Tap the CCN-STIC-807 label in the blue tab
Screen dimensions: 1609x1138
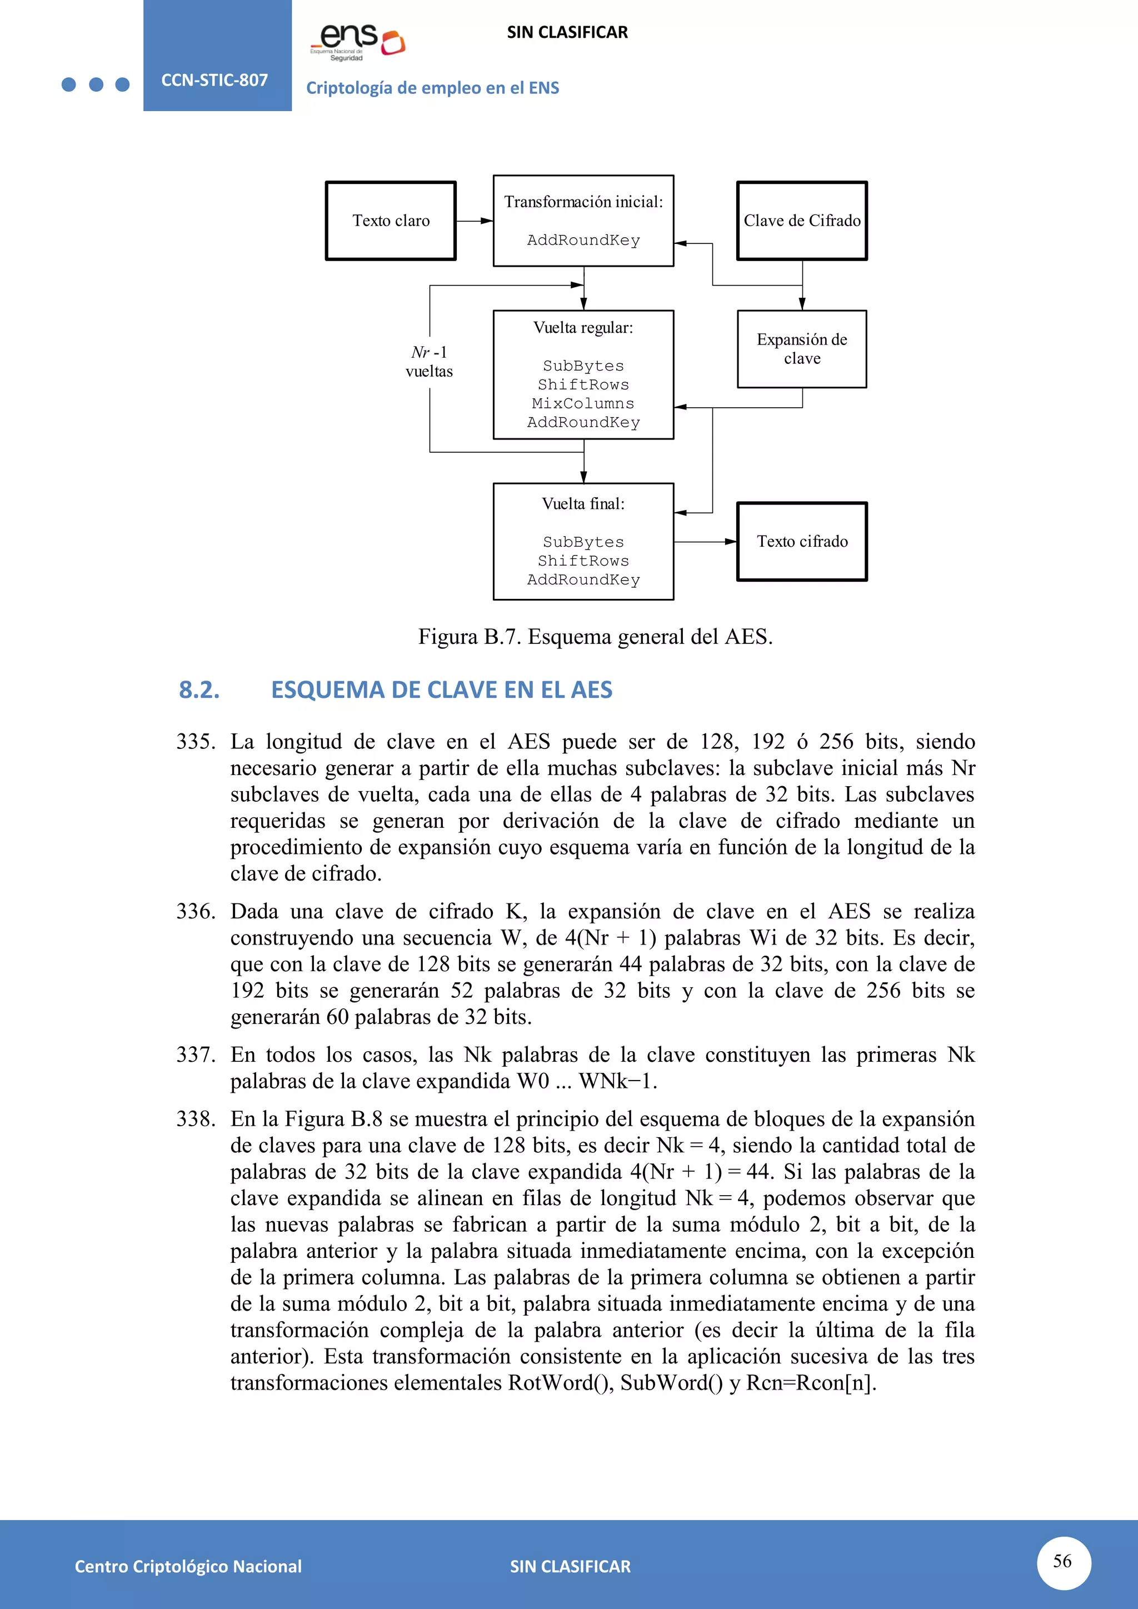pos(214,80)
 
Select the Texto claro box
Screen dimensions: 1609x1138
pos(390,221)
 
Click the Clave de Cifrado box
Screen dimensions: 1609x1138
pos(802,221)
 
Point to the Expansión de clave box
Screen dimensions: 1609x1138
pos(802,349)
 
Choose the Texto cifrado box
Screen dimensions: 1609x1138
pos(802,541)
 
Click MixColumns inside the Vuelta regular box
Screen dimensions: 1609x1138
pos(582,404)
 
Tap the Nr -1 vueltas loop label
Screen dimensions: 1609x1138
pos(429,362)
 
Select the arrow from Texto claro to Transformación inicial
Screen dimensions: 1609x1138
pos(475,221)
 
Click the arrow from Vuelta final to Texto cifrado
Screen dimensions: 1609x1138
pos(705,542)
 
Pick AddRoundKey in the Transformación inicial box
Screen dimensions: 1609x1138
pos(583,241)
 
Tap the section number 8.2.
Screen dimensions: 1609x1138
pos(199,689)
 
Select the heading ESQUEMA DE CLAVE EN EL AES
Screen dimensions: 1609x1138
pos(441,689)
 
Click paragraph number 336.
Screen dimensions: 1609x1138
pos(196,911)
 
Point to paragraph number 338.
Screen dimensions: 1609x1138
pos(196,1118)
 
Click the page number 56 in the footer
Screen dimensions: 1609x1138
pos(1062,1561)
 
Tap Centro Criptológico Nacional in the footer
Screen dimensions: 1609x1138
pos(188,1566)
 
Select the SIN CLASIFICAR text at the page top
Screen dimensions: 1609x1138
pos(567,32)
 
